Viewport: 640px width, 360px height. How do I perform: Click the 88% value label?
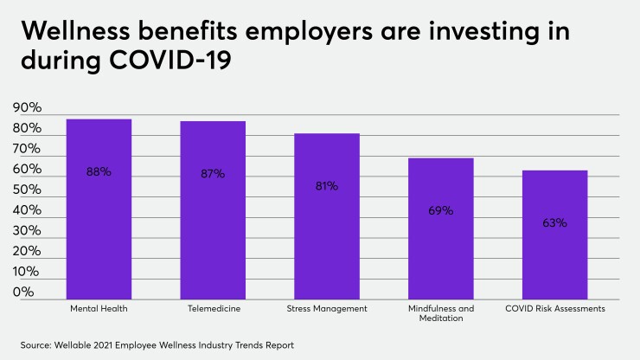click(x=99, y=171)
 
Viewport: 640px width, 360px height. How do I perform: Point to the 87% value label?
click(x=213, y=173)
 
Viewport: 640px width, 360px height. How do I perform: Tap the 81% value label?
click(x=327, y=186)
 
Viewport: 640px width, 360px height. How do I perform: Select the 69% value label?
click(x=441, y=210)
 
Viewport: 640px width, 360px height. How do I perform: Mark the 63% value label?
click(x=555, y=222)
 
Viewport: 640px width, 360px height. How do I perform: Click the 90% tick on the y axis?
click(x=28, y=108)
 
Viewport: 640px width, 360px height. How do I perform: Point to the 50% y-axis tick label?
click(x=28, y=190)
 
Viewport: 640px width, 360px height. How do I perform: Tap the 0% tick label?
click(x=24, y=292)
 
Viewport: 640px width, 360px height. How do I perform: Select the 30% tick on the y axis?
click(x=28, y=231)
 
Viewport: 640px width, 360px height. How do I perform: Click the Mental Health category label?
click(x=99, y=308)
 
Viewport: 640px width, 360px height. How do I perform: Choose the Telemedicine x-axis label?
click(x=213, y=308)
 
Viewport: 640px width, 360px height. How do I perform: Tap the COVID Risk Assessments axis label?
click(x=555, y=308)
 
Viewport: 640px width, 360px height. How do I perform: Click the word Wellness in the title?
click(x=74, y=30)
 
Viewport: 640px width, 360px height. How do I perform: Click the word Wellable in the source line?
click(x=79, y=344)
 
